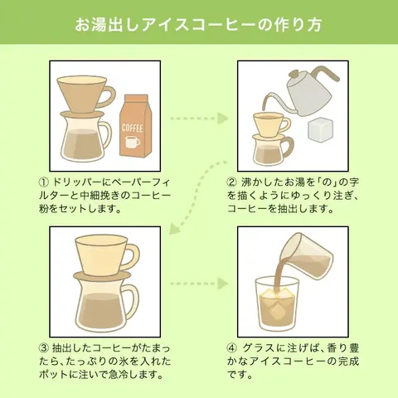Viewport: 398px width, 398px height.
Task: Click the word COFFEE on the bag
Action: coord(133,129)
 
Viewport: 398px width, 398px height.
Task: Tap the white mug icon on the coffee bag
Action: coord(133,142)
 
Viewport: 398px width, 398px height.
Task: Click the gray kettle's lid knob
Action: coord(293,74)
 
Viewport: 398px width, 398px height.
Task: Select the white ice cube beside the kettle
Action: coord(320,129)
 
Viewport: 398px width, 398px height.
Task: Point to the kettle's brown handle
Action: coord(326,72)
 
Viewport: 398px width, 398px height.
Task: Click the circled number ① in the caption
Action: coord(44,182)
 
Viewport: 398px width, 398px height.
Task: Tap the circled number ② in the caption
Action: coord(232,182)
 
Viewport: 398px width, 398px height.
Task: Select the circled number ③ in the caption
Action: coord(44,348)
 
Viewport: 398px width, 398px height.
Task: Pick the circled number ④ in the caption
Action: coord(232,348)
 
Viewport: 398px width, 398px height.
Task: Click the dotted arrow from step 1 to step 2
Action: coord(199,119)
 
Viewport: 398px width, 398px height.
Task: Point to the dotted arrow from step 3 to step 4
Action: coord(199,284)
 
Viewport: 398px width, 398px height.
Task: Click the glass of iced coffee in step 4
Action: coord(276,303)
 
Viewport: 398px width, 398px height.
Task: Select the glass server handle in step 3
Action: coord(132,300)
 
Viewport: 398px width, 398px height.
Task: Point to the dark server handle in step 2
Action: coord(289,150)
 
